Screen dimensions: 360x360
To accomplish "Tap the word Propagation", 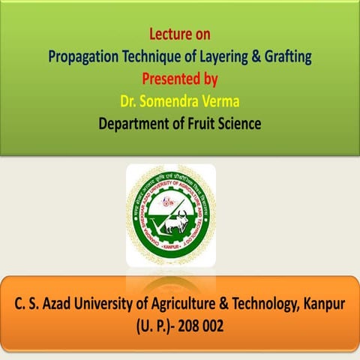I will [85, 55].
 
